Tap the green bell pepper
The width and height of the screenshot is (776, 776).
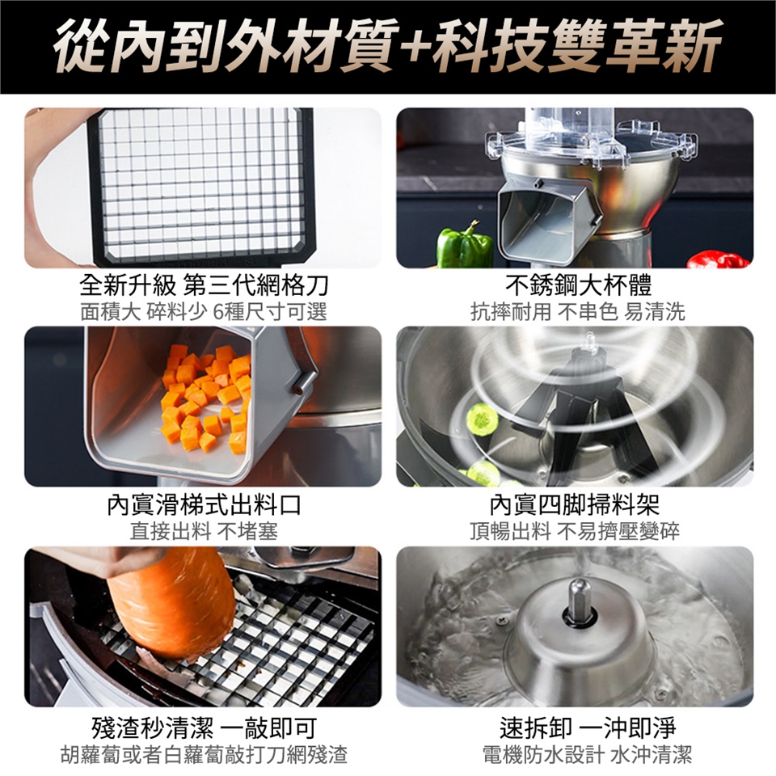click(x=465, y=244)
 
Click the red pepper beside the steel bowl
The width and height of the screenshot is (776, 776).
click(x=718, y=259)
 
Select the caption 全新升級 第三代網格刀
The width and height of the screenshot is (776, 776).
click(x=204, y=285)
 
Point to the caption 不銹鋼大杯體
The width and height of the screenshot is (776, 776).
click(x=579, y=285)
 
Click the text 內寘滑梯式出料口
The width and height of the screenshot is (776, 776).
click(x=204, y=505)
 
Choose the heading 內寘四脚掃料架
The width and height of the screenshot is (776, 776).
click(x=575, y=505)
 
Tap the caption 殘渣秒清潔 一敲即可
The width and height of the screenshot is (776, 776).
click(x=204, y=727)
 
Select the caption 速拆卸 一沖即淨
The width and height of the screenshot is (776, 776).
click(x=588, y=727)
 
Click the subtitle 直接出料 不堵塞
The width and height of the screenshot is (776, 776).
click(x=204, y=532)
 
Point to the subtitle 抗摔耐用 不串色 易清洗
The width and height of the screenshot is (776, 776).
click(x=577, y=312)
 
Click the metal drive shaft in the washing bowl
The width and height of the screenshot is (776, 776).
click(x=580, y=601)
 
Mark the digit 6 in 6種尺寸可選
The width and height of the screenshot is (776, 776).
click(x=218, y=312)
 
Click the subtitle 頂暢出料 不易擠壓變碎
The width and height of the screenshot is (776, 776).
click(x=575, y=532)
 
